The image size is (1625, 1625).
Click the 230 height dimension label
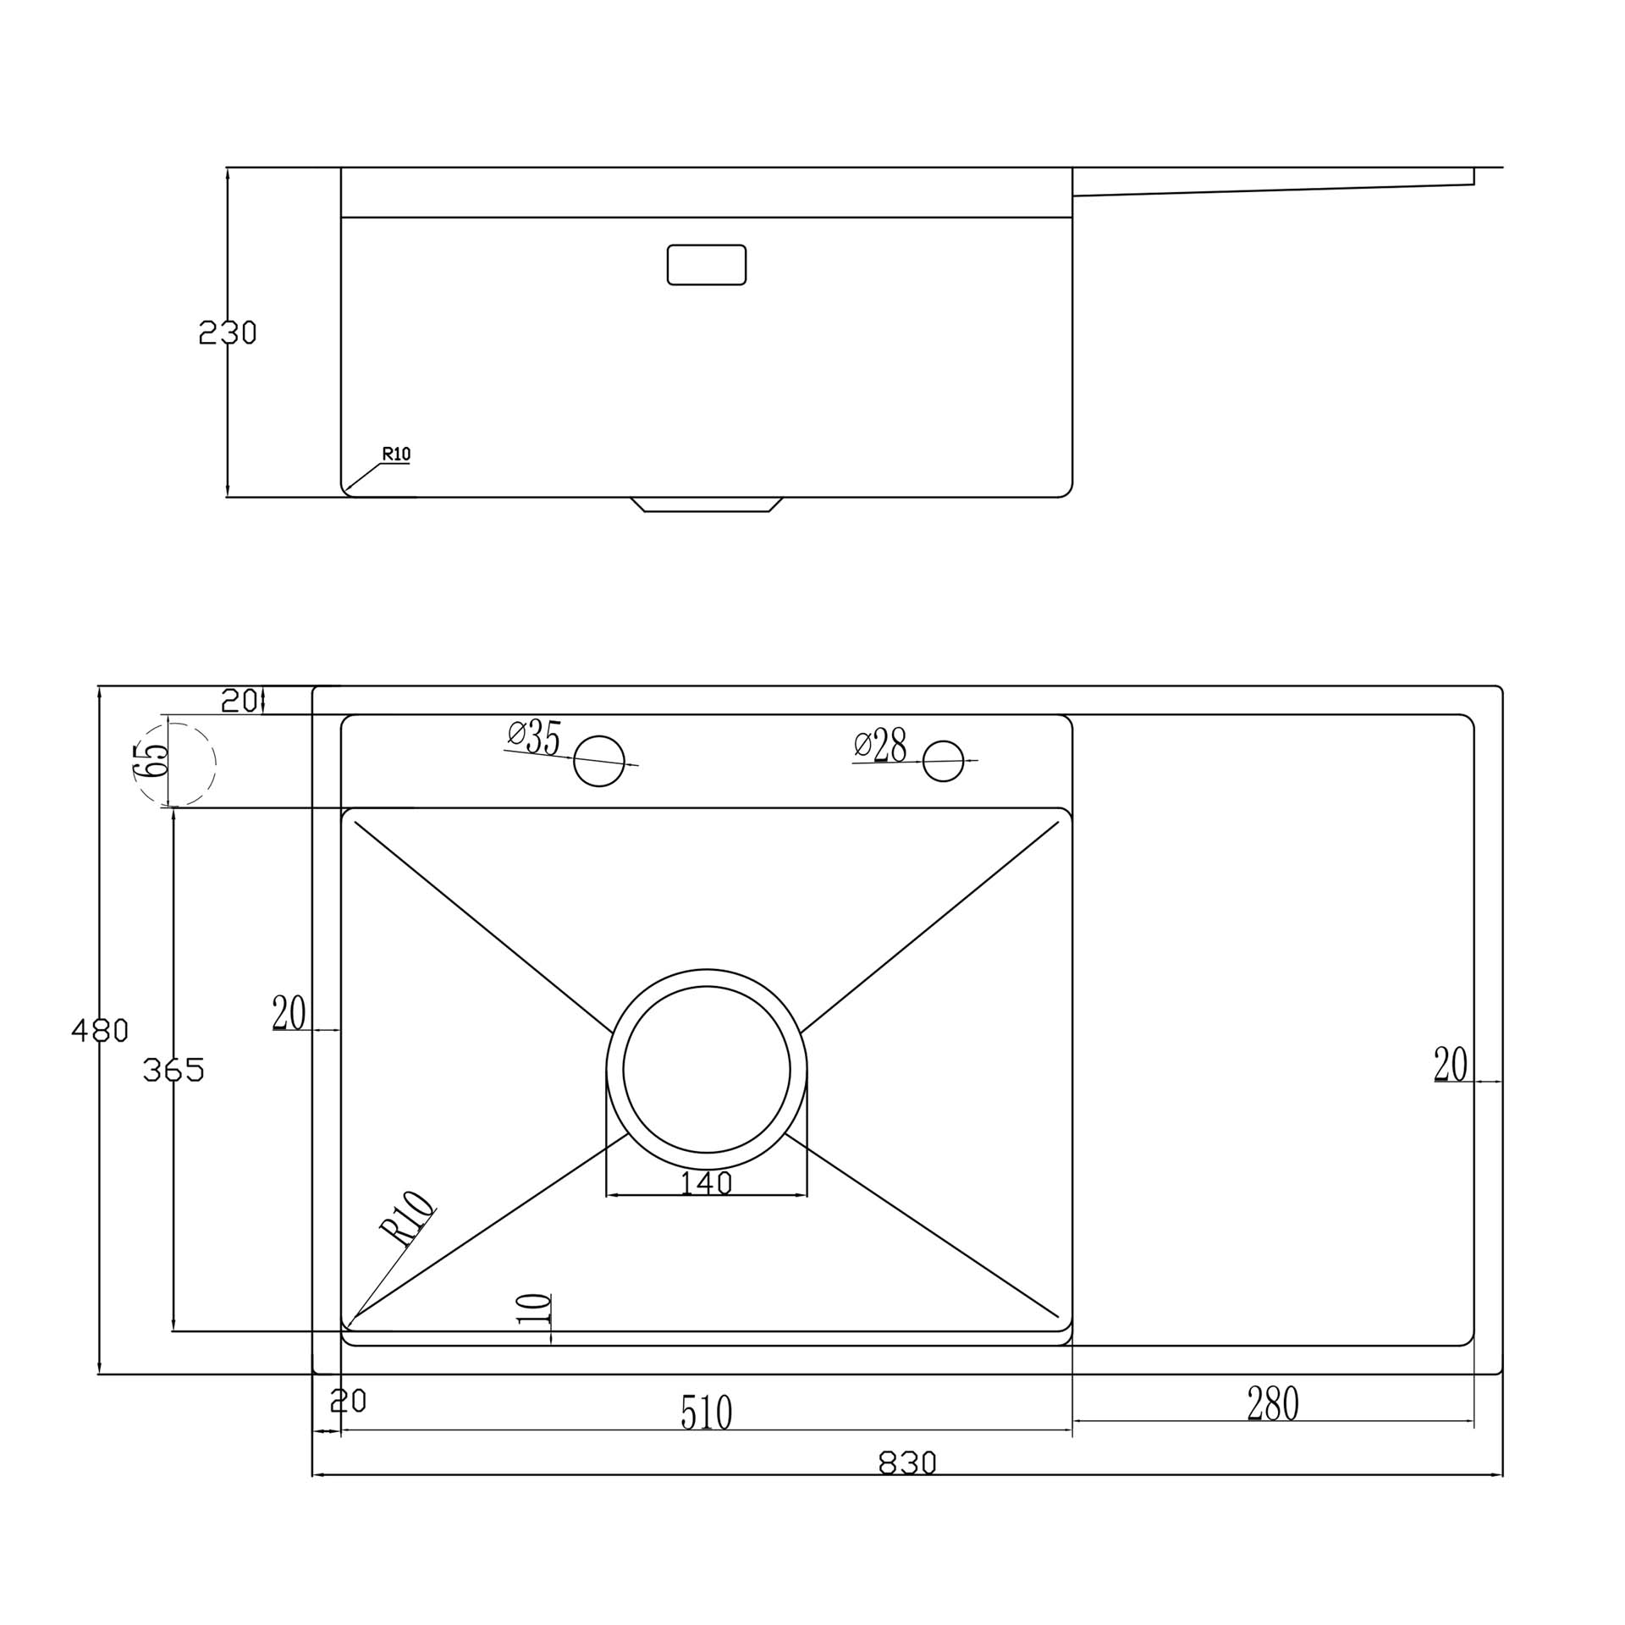tap(227, 333)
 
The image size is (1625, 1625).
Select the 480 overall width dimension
tap(100, 1030)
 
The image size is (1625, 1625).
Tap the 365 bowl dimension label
tap(174, 1071)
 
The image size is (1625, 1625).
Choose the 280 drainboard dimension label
tap(1273, 1403)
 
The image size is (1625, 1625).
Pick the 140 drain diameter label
tap(707, 1182)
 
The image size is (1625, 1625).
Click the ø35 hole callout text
tap(535, 737)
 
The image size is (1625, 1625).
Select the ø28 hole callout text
tap(880, 745)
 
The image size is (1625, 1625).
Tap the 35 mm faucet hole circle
tap(599, 761)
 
